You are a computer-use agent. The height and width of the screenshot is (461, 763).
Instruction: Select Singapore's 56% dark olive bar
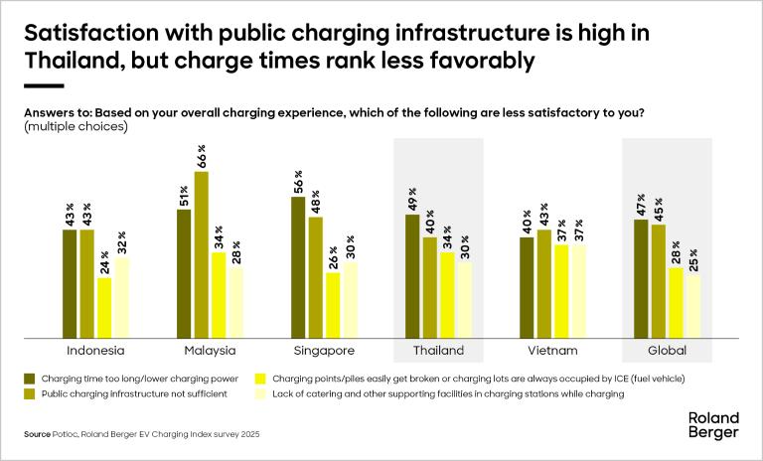(x=298, y=266)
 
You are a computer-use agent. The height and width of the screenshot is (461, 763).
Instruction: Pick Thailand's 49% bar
(x=412, y=275)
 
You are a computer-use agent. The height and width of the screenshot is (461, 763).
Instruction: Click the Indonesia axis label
(x=95, y=351)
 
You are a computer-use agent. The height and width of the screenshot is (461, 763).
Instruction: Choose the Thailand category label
(x=438, y=351)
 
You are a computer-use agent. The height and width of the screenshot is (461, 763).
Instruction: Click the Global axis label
(x=667, y=351)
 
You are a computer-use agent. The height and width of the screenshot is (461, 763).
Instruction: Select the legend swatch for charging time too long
(x=31, y=379)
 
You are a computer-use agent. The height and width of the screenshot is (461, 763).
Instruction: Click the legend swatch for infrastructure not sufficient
(x=31, y=394)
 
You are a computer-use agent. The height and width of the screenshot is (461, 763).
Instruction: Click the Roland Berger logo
(x=712, y=425)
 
